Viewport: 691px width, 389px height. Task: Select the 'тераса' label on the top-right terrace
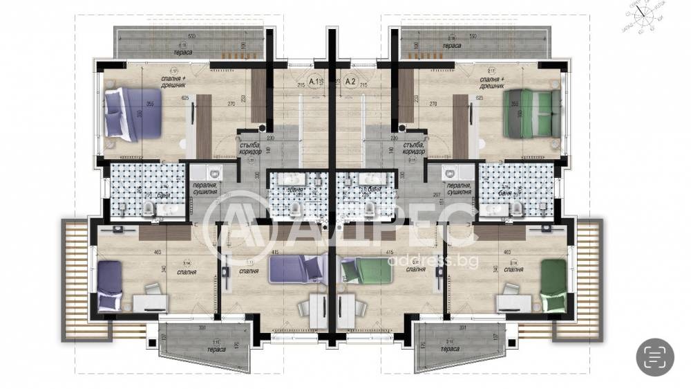(x=453, y=45)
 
